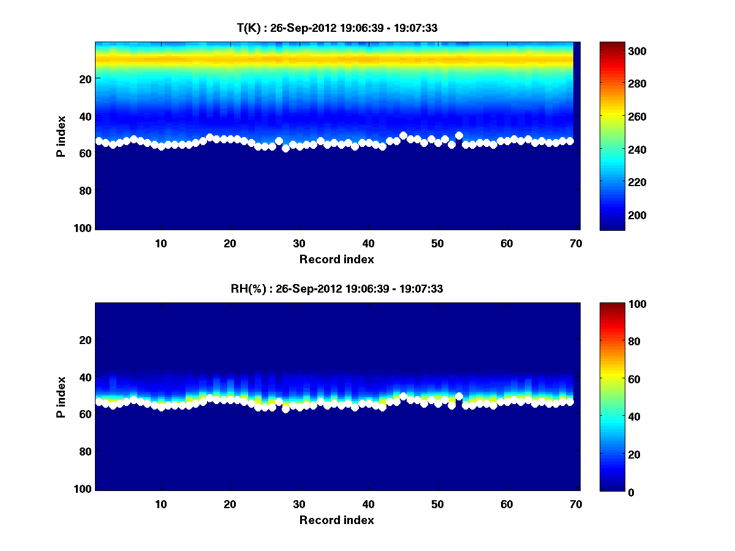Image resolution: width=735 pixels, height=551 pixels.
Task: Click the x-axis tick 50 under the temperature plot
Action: coord(437,244)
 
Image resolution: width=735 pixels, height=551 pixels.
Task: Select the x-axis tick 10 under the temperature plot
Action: coord(160,244)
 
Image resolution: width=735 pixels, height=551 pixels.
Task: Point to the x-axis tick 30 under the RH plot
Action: coord(299,504)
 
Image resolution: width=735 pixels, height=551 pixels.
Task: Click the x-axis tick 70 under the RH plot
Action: coord(575,504)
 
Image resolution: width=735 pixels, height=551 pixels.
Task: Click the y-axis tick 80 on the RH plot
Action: coord(85,452)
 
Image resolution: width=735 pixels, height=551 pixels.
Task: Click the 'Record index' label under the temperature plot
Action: coord(336,260)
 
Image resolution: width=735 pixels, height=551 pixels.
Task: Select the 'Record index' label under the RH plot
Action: coord(336,520)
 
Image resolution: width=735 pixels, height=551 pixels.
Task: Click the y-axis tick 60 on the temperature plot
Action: coord(85,153)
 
